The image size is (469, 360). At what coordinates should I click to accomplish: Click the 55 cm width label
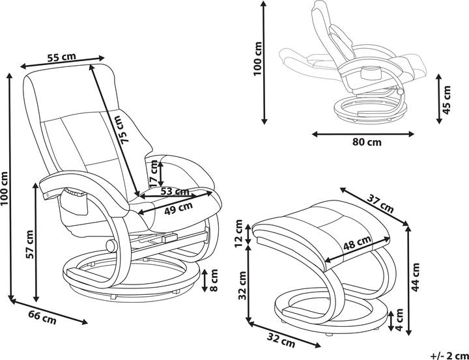point(61,57)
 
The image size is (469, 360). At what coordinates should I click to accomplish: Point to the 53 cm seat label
point(174,192)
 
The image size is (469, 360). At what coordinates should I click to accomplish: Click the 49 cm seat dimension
point(178,208)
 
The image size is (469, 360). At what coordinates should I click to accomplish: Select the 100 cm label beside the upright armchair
point(7,189)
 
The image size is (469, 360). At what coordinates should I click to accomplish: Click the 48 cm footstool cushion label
point(356,245)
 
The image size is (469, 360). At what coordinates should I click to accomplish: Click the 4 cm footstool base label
point(397,321)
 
